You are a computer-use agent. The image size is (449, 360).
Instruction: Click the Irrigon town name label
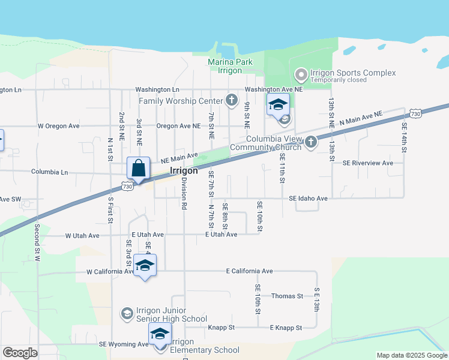tap(184, 170)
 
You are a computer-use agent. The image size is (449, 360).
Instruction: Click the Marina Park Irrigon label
tap(230, 66)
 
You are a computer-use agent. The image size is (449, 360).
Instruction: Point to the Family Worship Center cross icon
tap(232, 100)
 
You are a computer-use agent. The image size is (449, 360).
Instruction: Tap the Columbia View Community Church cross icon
tap(310, 142)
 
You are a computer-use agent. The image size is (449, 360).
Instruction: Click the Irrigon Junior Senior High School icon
tap(127, 313)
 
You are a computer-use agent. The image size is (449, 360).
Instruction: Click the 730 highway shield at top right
tap(415, 113)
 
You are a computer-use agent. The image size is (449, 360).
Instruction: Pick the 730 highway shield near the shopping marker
tap(127, 187)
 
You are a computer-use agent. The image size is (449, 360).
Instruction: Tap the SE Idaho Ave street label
tap(308, 198)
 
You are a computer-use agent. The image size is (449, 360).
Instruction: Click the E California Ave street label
tap(249, 271)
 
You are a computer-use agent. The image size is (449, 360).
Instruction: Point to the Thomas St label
tap(287, 296)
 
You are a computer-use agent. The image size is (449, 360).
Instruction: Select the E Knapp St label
tap(285, 328)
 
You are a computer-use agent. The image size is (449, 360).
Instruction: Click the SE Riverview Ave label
tap(367, 163)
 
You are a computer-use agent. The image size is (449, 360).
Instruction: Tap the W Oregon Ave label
tap(59, 127)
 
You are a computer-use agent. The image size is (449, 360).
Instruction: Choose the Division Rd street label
tap(184, 193)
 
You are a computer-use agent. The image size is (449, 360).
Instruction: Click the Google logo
tap(20, 353)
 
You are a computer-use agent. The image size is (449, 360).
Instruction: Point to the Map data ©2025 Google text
tap(411, 355)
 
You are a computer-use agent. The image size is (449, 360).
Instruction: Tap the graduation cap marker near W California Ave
tap(145, 265)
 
